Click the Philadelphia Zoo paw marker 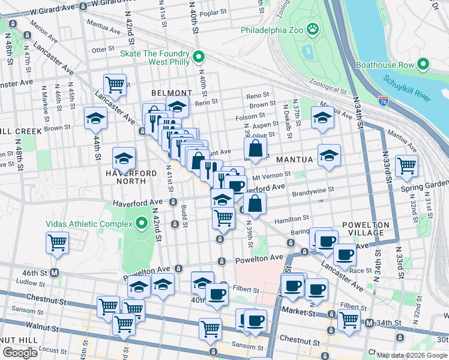(x=312, y=29)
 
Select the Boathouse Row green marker (x=424, y=64)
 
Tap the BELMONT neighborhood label (x=172, y=93)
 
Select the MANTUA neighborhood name (x=295, y=160)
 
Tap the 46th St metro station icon (x=55, y=272)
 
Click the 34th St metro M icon (x=370, y=323)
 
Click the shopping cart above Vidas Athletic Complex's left (x=58, y=242)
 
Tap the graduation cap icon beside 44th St (x=95, y=118)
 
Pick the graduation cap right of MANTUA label (x=329, y=155)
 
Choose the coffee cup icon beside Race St (x=345, y=254)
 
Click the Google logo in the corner (x=20, y=353)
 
